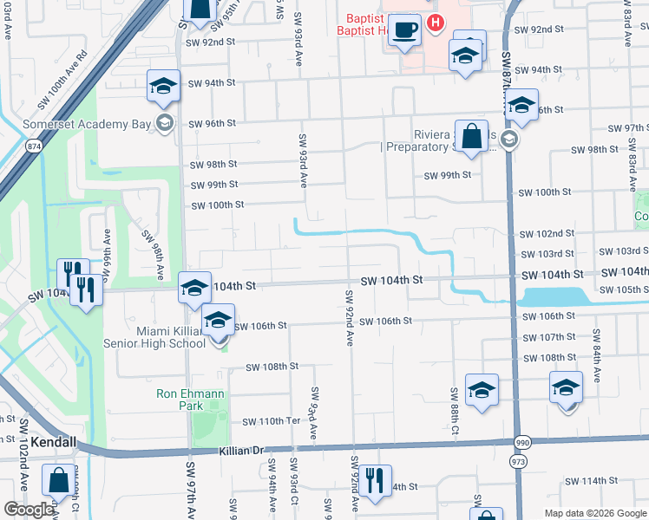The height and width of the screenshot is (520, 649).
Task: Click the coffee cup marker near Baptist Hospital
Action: coord(403,32)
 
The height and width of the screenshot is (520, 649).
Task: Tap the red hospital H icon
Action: coord(436,23)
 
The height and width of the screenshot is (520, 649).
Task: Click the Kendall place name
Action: coord(54,442)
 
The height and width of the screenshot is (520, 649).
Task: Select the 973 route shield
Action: coord(520,461)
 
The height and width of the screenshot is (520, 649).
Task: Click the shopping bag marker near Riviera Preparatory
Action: coord(471,138)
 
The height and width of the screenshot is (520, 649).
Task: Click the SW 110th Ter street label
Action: coord(271,421)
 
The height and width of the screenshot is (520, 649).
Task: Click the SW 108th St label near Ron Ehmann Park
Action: coord(272,367)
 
